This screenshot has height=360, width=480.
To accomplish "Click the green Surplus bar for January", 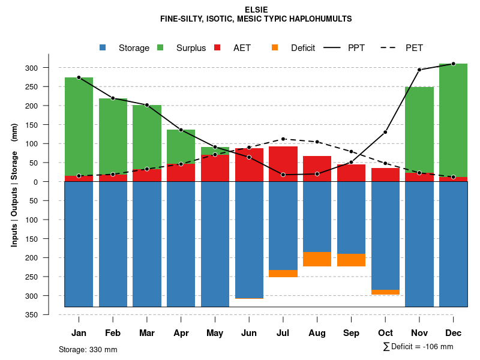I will point(79,126).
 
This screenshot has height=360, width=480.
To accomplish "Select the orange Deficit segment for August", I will point(317,259).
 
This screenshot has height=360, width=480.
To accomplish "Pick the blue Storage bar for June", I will point(249,240).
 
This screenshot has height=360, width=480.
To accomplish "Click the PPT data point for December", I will point(453,64).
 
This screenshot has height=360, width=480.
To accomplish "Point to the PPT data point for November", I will point(419,70).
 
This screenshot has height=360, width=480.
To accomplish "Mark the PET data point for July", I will point(283,139).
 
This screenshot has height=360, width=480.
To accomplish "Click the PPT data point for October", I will point(385,132).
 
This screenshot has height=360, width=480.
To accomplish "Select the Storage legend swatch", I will point(103,48).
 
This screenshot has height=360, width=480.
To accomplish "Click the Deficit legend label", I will point(303,48).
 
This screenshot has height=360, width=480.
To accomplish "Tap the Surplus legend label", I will point(191,48).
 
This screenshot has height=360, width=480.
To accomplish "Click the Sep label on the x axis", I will point(351,333).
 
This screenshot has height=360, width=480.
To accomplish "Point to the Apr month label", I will point(181,333).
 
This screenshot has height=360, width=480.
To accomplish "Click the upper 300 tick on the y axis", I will point(49,68).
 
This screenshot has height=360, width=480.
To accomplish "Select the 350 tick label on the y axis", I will point(49,314).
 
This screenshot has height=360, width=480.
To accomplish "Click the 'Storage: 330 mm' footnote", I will point(88,349).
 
